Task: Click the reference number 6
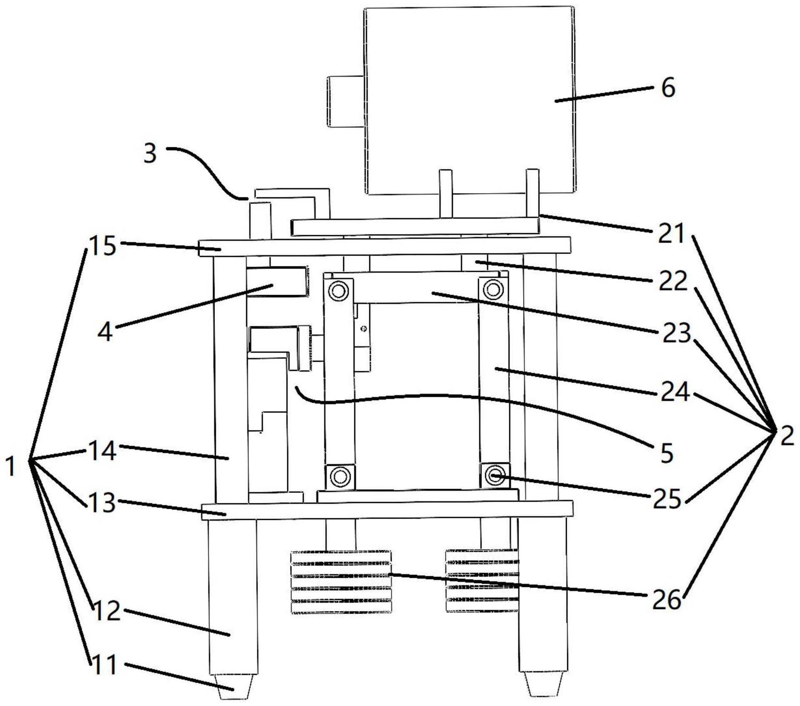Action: tap(668, 89)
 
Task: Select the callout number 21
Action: tap(671, 234)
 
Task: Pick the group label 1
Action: tap(11, 466)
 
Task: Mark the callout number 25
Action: tap(666, 498)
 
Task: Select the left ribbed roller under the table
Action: tap(341, 582)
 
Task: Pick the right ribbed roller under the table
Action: tap(482, 581)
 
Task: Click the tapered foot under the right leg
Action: tap(542, 686)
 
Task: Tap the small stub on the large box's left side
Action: tap(346, 101)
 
